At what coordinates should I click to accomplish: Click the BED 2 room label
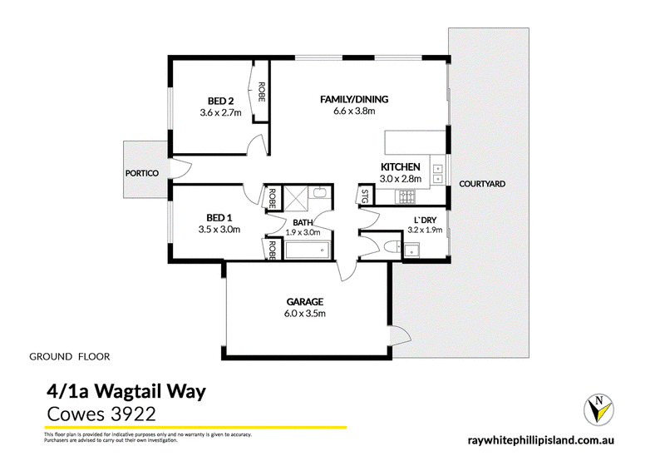[x=220, y=101]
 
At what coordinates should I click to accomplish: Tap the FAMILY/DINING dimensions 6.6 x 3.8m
[x=354, y=112]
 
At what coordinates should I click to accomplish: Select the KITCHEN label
[x=401, y=167]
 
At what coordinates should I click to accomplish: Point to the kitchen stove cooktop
[x=406, y=196]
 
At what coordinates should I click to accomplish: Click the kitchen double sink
[x=437, y=173]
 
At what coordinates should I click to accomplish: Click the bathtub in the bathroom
[x=308, y=250]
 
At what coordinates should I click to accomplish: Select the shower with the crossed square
[x=295, y=197]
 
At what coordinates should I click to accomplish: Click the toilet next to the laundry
[x=392, y=247]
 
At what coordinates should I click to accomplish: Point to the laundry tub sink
[x=411, y=250]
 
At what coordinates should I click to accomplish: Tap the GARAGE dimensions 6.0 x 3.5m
[x=305, y=314]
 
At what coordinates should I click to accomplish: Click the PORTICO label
[x=142, y=173]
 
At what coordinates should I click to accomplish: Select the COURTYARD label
[x=482, y=184]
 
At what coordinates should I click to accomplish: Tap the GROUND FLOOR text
[x=70, y=357]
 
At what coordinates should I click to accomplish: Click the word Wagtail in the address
[x=128, y=392]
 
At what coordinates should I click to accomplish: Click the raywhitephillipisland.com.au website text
[x=541, y=440]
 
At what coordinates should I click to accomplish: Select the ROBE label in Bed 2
[x=261, y=92]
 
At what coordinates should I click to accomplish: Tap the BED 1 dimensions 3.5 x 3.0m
[x=219, y=230]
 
